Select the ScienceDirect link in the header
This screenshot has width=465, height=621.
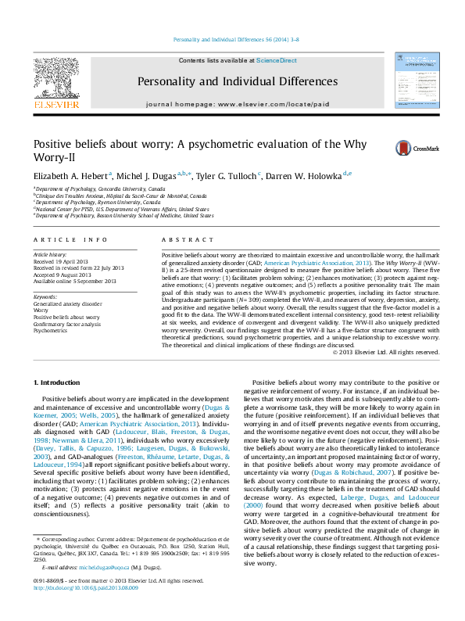tap(277, 60)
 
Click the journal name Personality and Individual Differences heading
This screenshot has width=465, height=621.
tap(238, 81)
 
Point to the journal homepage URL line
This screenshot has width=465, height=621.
tap(238, 104)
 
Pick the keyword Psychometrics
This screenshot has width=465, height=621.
tap(50, 331)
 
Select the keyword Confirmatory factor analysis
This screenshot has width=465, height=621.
tap(66, 324)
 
